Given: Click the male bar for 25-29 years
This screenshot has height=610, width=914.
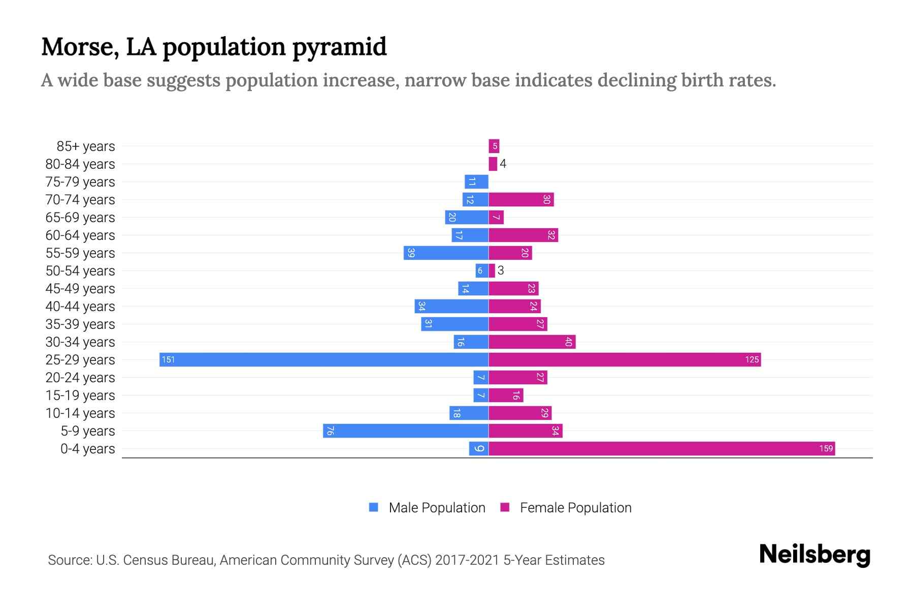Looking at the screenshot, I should click(x=323, y=359).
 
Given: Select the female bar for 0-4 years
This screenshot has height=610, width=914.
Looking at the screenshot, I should click(x=661, y=448).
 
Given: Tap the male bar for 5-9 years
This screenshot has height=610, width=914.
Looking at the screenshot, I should click(x=405, y=431).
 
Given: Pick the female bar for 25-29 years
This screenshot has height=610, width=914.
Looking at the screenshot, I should click(x=624, y=359).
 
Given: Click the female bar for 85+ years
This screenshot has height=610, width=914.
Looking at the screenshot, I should click(x=494, y=146).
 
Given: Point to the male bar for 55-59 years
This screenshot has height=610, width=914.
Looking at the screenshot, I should click(x=446, y=253).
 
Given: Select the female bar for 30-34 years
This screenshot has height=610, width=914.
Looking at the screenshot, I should click(x=532, y=342).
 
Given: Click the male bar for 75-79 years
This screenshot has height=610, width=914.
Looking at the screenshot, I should click(x=476, y=181).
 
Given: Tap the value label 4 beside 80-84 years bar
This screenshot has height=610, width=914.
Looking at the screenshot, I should click(x=503, y=164).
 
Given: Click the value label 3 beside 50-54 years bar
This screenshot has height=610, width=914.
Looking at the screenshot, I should click(x=501, y=270).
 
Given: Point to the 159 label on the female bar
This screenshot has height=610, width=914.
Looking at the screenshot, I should click(x=826, y=448).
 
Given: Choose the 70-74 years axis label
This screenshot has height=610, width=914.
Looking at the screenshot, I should click(x=80, y=200).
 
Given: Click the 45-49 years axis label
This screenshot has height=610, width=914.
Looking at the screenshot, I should click(x=80, y=289).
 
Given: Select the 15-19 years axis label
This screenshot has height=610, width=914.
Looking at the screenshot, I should click(x=80, y=395).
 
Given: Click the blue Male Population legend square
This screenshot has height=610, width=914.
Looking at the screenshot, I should click(x=374, y=507).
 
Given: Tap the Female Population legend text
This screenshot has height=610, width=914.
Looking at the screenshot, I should click(x=575, y=507).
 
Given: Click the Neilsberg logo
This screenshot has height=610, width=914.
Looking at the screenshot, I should click(x=814, y=554).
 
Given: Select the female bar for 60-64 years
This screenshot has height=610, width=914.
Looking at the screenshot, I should click(x=523, y=235).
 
